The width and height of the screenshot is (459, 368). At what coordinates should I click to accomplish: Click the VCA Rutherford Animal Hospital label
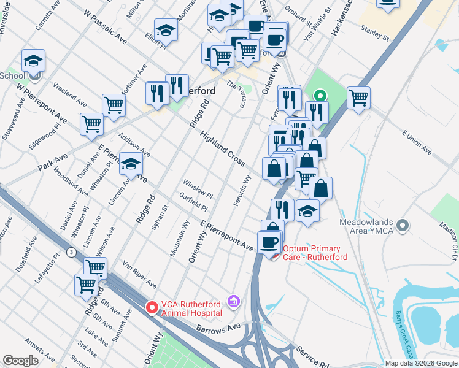pyautogui.click(x=191, y=308)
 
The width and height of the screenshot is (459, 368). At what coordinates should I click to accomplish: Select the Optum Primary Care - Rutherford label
pyautogui.click(x=315, y=253)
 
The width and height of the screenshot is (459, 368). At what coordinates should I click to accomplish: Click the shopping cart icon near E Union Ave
pyautogui.click(x=358, y=97)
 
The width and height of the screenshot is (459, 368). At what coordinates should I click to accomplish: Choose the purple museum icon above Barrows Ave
pyautogui.click(x=233, y=301)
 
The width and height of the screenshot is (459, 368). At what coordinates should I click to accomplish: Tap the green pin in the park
pyautogui.click(x=319, y=96)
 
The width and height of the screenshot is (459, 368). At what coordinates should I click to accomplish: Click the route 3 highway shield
pyautogui.click(x=72, y=251)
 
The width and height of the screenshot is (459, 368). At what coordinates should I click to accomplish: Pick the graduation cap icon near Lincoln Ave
pyautogui.click(x=131, y=163)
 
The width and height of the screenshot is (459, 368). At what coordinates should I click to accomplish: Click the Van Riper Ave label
pyautogui.click(x=140, y=274)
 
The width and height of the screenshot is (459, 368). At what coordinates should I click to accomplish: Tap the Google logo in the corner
pyautogui.click(x=20, y=361)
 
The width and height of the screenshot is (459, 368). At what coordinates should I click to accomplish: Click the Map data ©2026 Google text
pyautogui.click(x=421, y=363)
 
